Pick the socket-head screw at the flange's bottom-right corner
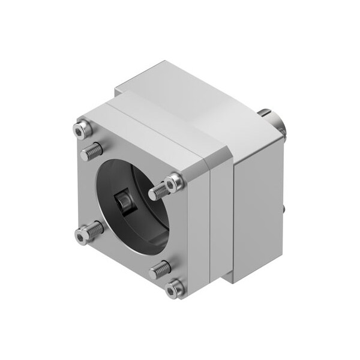(174, 289)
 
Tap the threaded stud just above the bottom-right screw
(160, 268)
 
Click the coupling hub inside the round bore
(124, 202)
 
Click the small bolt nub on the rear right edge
(284, 210)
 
